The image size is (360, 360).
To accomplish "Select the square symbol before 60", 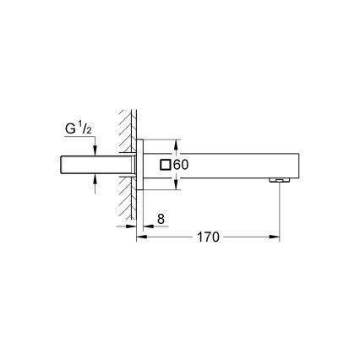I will (166, 164).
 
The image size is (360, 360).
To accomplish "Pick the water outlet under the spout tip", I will (276, 179).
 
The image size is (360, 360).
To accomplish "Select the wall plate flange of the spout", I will (141, 164).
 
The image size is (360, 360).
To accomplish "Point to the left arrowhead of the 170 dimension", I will (140, 237).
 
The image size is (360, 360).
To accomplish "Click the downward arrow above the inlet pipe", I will (95, 150).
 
